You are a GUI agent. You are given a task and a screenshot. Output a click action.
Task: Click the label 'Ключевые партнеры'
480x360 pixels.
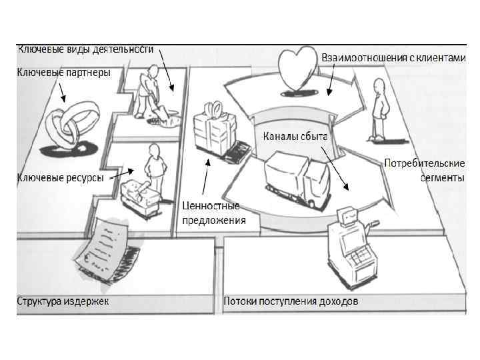pos(63,71)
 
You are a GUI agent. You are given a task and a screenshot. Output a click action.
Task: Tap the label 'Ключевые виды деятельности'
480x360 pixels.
pos(85,49)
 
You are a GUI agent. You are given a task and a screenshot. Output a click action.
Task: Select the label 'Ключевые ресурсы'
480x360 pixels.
pos(61,178)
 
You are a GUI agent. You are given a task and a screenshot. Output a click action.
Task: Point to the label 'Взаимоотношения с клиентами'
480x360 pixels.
pos(393,58)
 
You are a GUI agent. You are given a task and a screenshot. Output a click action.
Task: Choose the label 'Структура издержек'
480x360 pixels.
pos(63,301)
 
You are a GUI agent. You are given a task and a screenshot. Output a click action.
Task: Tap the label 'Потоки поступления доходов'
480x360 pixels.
pos(291,301)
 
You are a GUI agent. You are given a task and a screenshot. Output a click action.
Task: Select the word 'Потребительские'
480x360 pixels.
pos(425,163)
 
